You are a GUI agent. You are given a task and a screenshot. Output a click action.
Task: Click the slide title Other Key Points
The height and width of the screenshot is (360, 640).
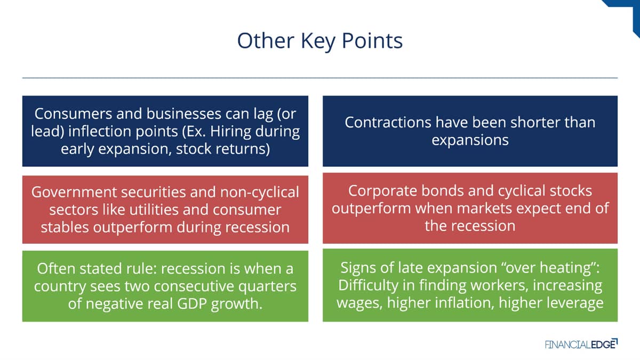tap(319, 42)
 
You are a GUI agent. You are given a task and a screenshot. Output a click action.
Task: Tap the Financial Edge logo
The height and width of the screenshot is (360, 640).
tap(581, 344)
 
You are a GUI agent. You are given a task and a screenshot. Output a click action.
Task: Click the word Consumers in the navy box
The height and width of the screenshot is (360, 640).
tap(73, 114)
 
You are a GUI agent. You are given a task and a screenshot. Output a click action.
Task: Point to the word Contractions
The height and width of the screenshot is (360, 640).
tap(388, 122)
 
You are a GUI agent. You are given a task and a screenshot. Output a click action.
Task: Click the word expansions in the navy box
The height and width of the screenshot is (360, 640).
tap(470, 140)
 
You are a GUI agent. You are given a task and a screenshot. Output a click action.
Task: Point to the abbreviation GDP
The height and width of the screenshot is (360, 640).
tap(191, 303)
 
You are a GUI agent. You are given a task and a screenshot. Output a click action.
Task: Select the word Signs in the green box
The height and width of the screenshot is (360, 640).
tap(358, 268)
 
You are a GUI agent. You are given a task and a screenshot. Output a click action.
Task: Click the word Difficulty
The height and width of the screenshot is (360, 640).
tap(369, 285)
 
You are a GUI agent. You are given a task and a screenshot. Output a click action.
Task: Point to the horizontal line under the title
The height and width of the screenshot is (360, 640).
tap(320, 78)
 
